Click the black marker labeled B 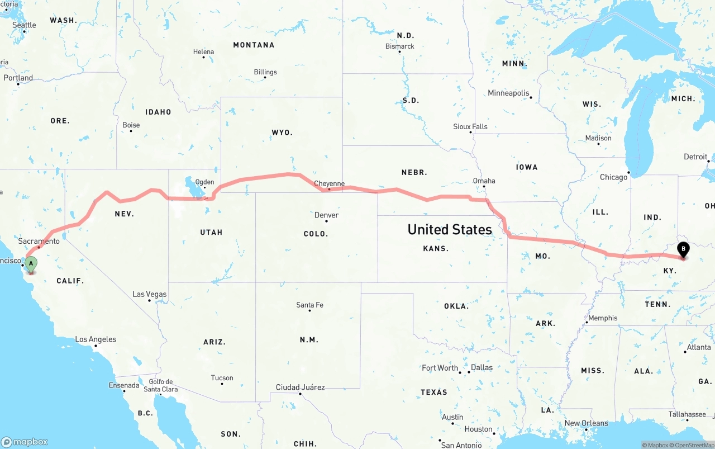tap(683, 250)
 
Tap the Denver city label tap(326, 215)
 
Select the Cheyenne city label tap(329, 183)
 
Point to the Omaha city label tap(484, 181)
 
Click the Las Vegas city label tap(149, 294)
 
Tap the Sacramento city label tap(39, 241)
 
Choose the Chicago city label tap(613, 177)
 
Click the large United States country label tap(450, 229)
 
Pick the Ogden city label tap(204, 182)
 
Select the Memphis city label tap(603, 318)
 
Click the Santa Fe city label tap(309, 305)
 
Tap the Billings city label tap(265, 72)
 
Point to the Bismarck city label tap(400, 46)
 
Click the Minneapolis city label tap(508, 93)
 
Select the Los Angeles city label tap(96, 339)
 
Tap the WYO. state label tap(282, 133)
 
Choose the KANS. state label tap(436, 248)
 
